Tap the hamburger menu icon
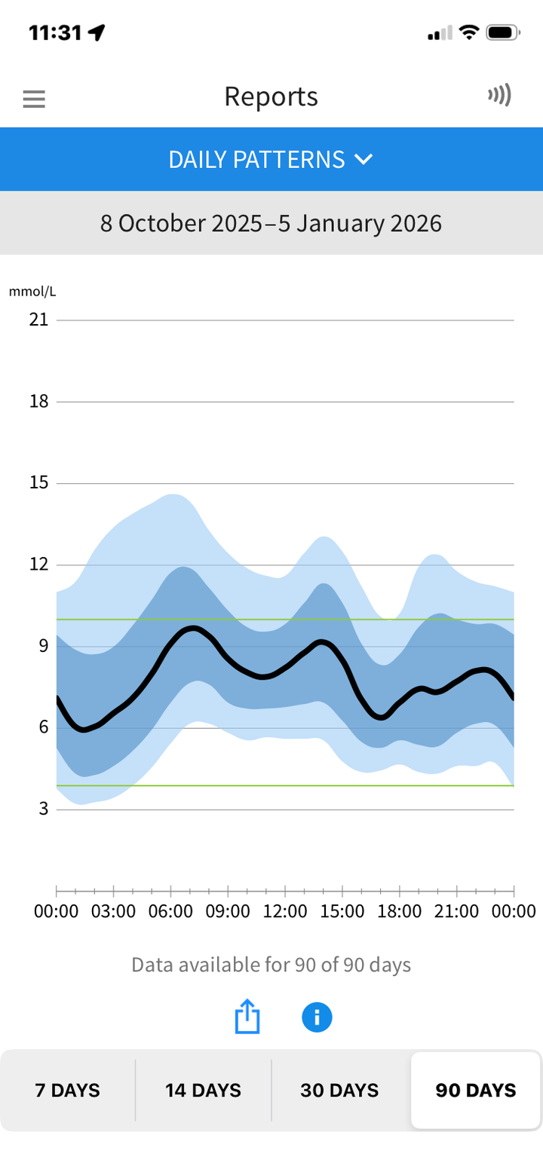pyautogui.click(x=34, y=99)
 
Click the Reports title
pyautogui.click(x=271, y=96)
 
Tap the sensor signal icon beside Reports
pyautogui.click(x=499, y=95)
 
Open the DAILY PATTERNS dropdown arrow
pyautogui.click(x=364, y=160)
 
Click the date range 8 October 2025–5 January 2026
pyautogui.click(x=271, y=224)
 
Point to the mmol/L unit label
pyautogui.click(x=32, y=292)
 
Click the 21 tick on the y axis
pyautogui.click(x=38, y=320)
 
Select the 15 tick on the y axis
pyautogui.click(x=38, y=482)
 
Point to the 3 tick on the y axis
pyautogui.click(x=43, y=809)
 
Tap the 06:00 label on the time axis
pyautogui.click(x=170, y=911)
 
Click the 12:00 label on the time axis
pyautogui.click(x=285, y=911)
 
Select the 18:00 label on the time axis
pyautogui.click(x=399, y=911)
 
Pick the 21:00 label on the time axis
pyautogui.click(x=456, y=911)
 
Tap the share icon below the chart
pyautogui.click(x=247, y=1017)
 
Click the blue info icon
pyautogui.click(x=317, y=1017)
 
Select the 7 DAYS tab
pyautogui.click(x=68, y=1090)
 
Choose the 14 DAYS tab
pyautogui.click(x=203, y=1090)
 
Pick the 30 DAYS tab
pyautogui.click(x=339, y=1090)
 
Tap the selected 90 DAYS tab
pyautogui.click(x=476, y=1090)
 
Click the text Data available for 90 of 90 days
pyautogui.click(x=271, y=965)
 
